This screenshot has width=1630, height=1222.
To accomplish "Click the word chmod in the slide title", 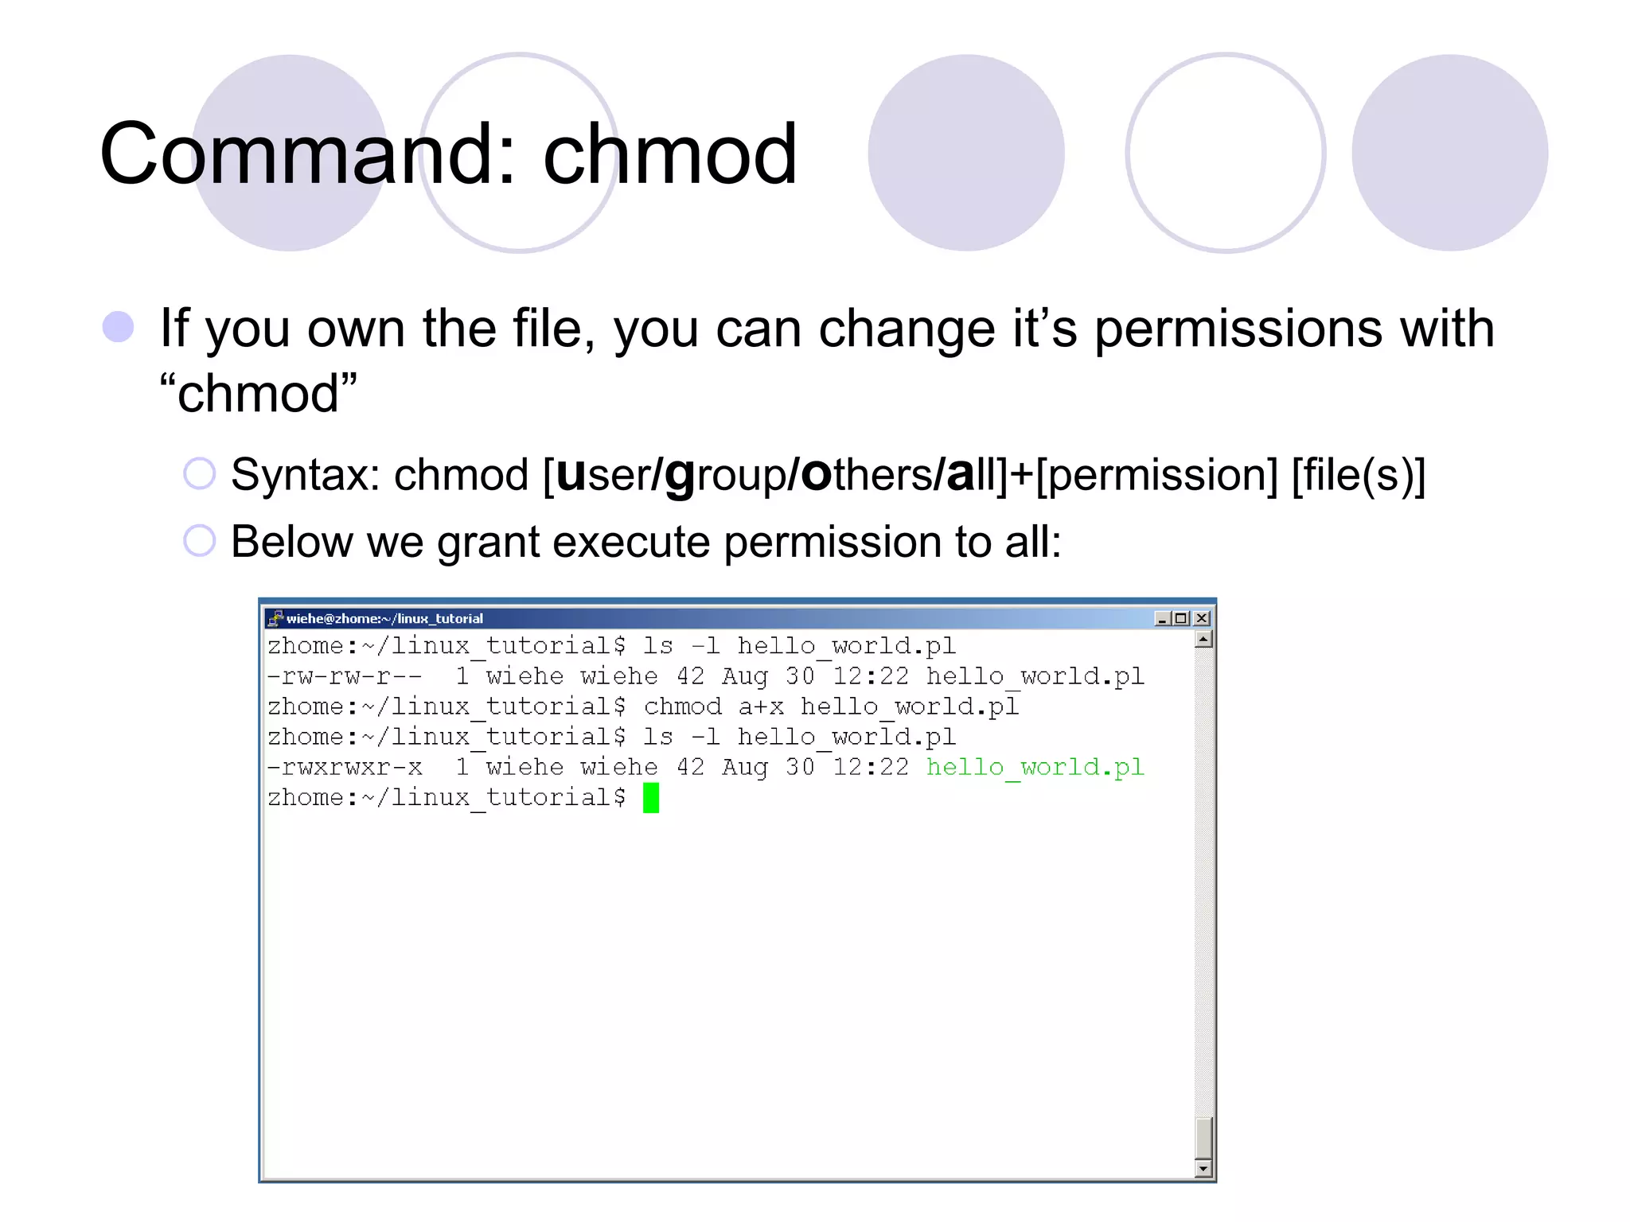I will (x=669, y=154).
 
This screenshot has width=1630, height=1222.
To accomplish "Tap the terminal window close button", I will (x=1202, y=618).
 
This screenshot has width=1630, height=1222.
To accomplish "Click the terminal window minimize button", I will (x=1162, y=618).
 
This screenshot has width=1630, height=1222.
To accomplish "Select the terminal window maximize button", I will (x=1182, y=618).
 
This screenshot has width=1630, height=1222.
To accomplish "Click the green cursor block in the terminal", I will (x=651, y=797).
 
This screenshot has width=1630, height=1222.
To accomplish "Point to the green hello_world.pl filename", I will (x=1035, y=767).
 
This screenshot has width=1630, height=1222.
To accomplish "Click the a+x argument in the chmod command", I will (x=760, y=706).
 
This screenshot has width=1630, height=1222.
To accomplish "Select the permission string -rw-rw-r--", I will (x=345, y=676).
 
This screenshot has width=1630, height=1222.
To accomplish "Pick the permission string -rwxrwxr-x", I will (x=345, y=767).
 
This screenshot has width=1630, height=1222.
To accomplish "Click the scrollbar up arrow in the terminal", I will (x=1203, y=640).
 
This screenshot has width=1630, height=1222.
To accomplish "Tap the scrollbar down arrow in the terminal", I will (x=1203, y=1169).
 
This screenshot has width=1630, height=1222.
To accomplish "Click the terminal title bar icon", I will (x=275, y=618).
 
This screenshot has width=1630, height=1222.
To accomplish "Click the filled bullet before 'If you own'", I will (x=119, y=327).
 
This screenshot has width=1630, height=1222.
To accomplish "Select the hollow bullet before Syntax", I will (x=199, y=474).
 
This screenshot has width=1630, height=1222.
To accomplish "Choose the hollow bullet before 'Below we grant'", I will (x=199, y=541).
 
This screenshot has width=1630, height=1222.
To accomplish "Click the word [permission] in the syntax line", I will (x=1156, y=476).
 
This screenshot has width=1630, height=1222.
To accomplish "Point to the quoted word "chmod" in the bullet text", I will (x=258, y=393).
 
